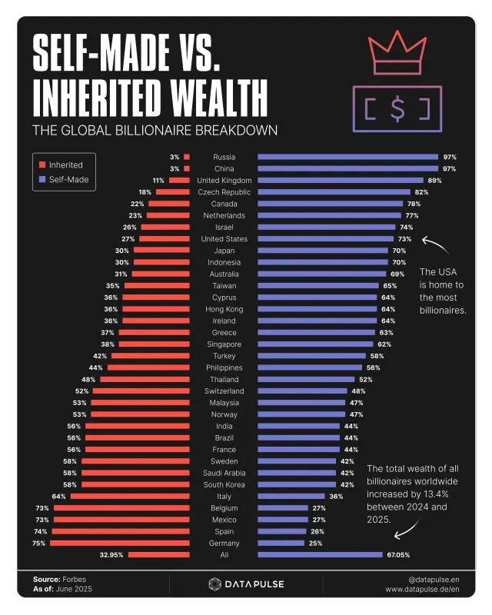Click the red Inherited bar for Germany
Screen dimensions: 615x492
[119, 543]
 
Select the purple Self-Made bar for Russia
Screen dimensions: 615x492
[347, 157]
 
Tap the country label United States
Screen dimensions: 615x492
[224, 239]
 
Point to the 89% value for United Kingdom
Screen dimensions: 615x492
[434, 180]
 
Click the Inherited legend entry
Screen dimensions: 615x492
[65, 165]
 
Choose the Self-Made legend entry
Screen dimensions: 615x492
[68, 180]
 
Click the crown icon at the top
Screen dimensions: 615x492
[397, 53]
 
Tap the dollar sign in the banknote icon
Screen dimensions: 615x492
[397, 108]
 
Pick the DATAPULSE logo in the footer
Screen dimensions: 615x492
[246, 584]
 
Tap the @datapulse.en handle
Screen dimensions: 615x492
[434, 579]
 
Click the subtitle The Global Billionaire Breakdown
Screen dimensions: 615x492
[155, 130]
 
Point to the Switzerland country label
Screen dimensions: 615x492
[224, 391]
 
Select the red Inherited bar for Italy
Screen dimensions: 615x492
[130, 496]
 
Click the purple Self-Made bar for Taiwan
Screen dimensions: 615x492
[317, 285]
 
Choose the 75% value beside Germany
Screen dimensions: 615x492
[38, 543]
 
